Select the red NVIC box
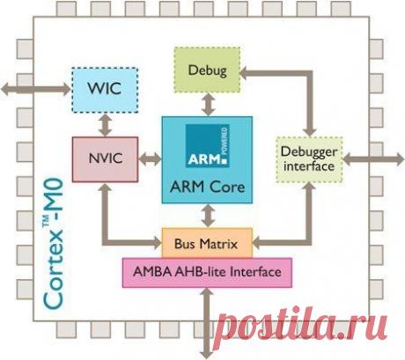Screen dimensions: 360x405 tap(99, 158)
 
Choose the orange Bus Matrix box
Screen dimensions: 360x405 tap(208, 240)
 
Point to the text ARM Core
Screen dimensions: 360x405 tap(208, 187)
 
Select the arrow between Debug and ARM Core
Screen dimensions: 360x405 tap(208, 103)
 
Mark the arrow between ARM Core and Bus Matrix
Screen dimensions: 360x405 tap(208, 216)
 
